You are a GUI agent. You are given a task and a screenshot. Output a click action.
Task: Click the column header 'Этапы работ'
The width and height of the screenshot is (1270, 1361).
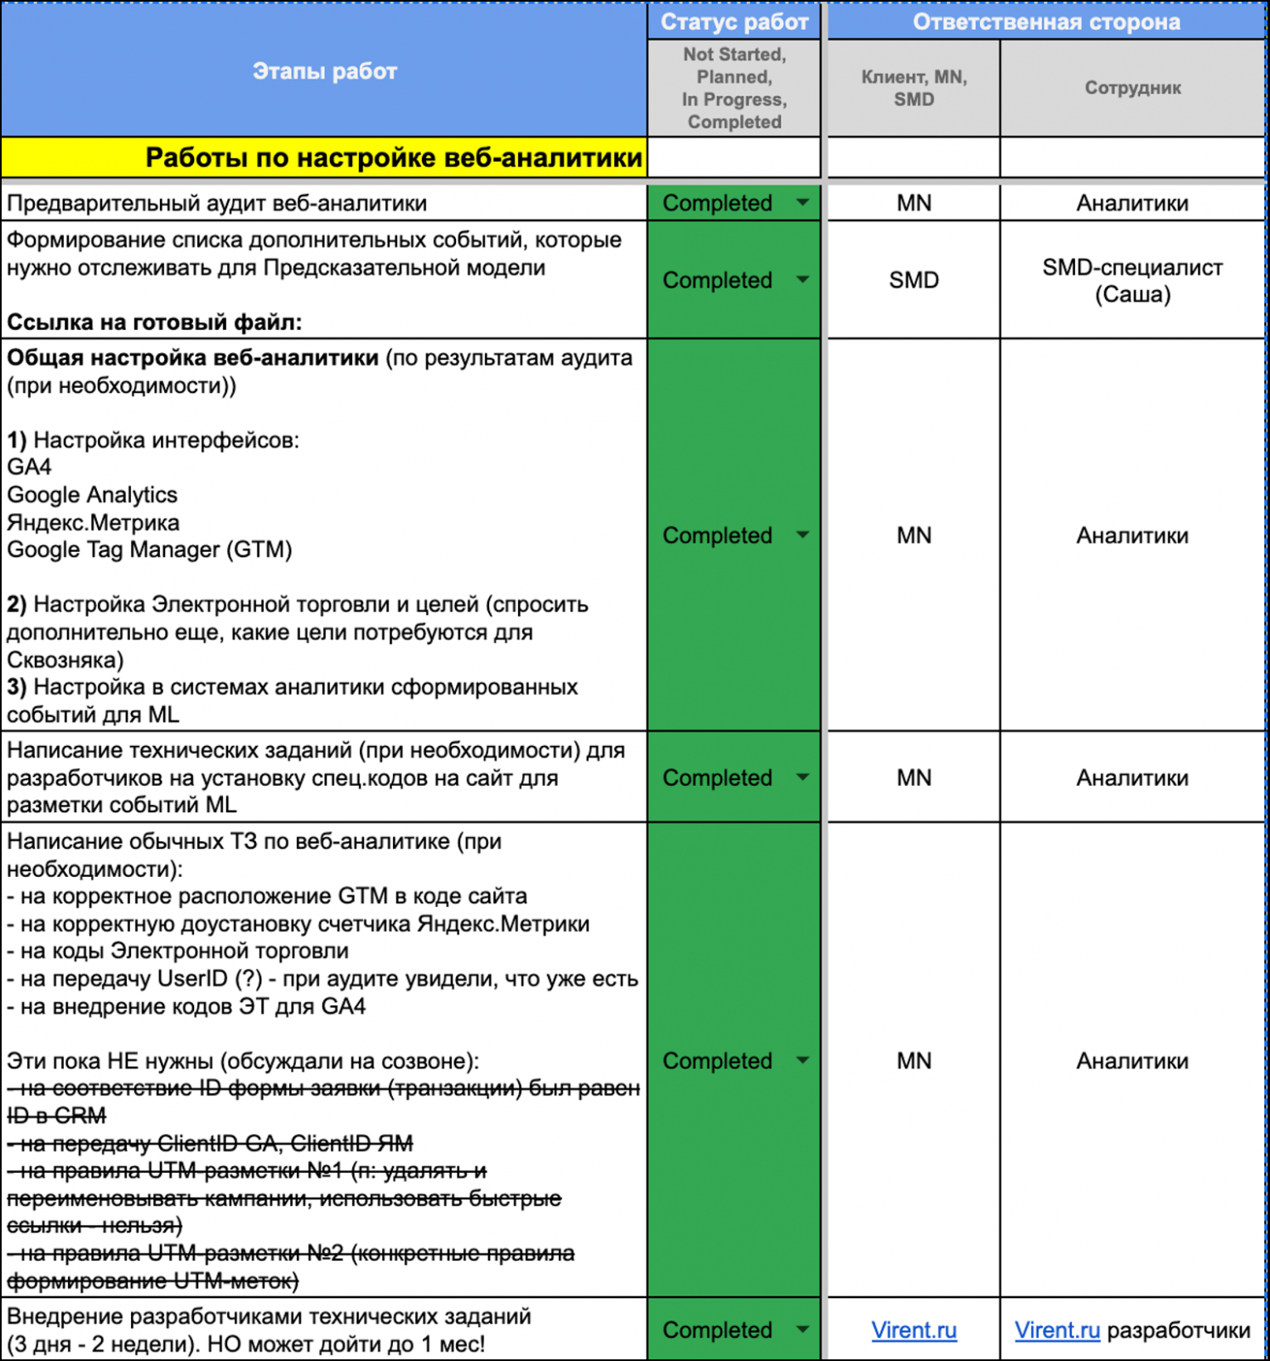point(324,71)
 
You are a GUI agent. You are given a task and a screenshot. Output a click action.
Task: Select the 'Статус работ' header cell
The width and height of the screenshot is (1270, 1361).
point(734,22)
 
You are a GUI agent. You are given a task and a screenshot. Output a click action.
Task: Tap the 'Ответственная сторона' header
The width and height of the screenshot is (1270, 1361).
point(1046,22)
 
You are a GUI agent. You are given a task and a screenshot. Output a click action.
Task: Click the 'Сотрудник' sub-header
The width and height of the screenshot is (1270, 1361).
point(1132,88)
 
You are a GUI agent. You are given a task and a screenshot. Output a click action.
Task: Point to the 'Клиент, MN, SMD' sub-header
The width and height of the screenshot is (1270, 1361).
point(914,88)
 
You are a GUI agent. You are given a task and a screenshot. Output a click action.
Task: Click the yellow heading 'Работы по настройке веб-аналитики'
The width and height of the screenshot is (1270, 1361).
point(393,158)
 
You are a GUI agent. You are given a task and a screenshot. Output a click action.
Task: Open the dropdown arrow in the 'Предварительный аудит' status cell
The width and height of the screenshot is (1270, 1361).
point(802,202)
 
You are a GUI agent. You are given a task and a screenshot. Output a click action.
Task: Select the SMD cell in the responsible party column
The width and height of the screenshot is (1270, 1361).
point(914,280)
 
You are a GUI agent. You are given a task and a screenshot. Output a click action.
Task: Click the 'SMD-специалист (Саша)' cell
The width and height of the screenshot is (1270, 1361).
point(1132,281)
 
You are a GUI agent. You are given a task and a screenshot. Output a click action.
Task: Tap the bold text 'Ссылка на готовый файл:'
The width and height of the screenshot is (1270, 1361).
point(155,322)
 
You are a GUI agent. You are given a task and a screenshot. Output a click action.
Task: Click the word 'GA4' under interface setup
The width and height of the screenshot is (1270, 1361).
point(30,467)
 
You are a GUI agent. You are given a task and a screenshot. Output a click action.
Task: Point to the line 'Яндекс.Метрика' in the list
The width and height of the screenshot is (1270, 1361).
point(94,522)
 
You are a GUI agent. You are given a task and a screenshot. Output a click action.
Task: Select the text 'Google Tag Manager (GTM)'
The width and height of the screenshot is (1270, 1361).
point(150,550)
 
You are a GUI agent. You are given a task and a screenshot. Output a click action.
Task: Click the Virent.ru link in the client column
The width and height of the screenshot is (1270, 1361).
point(914,1330)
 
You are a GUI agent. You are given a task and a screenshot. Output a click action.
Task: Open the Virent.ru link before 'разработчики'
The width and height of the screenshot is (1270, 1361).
point(1057,1330)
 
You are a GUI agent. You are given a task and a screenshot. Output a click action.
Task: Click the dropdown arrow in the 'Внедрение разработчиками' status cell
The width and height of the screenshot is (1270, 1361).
point(802,1330)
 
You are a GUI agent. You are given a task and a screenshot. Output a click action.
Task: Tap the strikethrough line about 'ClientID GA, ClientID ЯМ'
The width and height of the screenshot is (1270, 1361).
point(211,1143)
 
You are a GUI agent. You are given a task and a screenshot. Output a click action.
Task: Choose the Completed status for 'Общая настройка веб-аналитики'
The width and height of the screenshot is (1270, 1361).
point(717,536)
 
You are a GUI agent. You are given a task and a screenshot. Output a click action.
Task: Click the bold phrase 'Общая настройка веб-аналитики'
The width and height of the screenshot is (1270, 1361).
point(193,358)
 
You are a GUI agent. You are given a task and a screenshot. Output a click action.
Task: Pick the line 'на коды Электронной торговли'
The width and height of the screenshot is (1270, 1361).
point(179,951)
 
